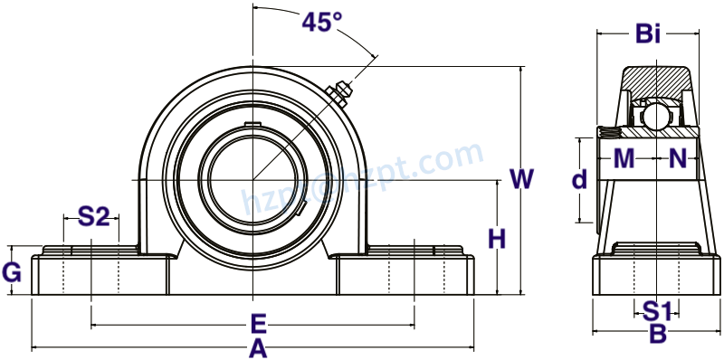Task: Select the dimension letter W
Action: (x=521, y=179)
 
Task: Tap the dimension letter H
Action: (x=497, y=240)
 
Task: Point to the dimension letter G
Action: (x=12, y=271)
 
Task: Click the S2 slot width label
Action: (x=93, y=216)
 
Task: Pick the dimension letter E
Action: (x=258, y=323)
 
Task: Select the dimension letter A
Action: (x=258, y=348)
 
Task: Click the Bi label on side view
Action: (x=647, y=34)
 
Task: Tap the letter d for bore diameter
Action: (x=579, y=180)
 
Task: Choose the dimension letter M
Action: (x=624, y=159)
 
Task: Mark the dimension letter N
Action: (x=679, y=159)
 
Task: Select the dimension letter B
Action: (x=658, y=335)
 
